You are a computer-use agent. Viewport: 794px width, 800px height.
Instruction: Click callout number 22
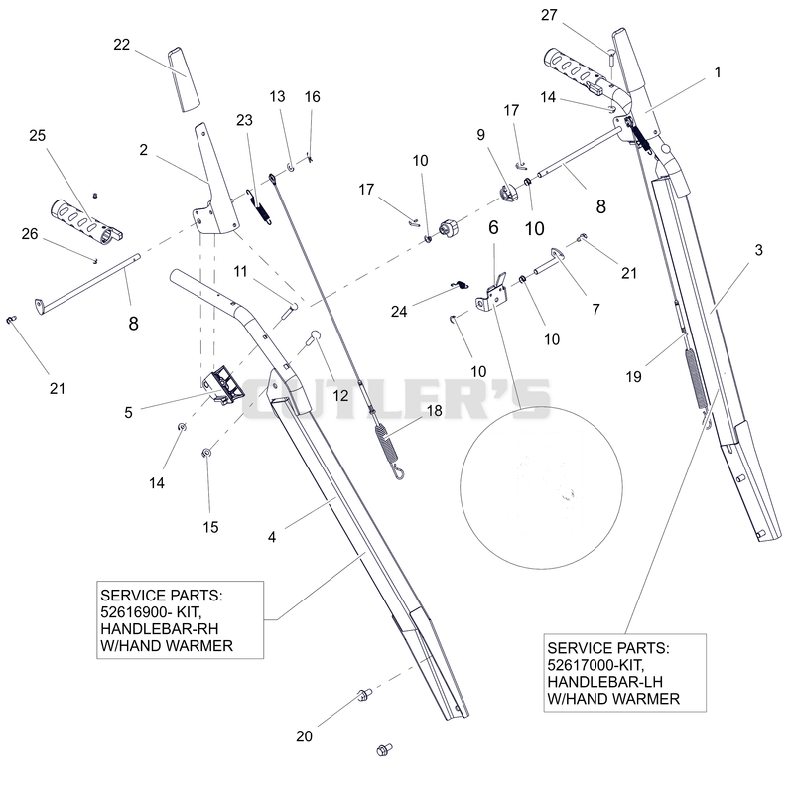coord(121,45)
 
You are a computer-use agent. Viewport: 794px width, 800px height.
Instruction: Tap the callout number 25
coord(38,136)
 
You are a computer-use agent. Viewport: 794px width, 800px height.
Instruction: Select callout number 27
coord(549,15)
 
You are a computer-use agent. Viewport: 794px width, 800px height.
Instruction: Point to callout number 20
coord(304,736)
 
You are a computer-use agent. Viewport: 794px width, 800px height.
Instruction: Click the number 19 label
coord(634,377)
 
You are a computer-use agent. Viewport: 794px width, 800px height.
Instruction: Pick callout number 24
coord(399,312)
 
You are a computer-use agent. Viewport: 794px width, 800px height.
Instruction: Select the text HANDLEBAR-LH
coord(605,682)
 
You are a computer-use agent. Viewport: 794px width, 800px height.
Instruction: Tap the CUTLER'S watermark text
coord(396,399)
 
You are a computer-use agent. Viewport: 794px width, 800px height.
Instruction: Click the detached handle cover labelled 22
coord(184,79)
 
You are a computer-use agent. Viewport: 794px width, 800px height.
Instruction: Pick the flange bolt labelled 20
coord(364,694)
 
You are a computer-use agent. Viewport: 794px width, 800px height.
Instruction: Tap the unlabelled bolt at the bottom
coord(384,750)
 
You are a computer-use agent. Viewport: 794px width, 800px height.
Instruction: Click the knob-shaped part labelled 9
coord(508,194)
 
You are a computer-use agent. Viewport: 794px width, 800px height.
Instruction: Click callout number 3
coord(759,250)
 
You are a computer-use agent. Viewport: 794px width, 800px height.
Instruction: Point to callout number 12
coord(340,396)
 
